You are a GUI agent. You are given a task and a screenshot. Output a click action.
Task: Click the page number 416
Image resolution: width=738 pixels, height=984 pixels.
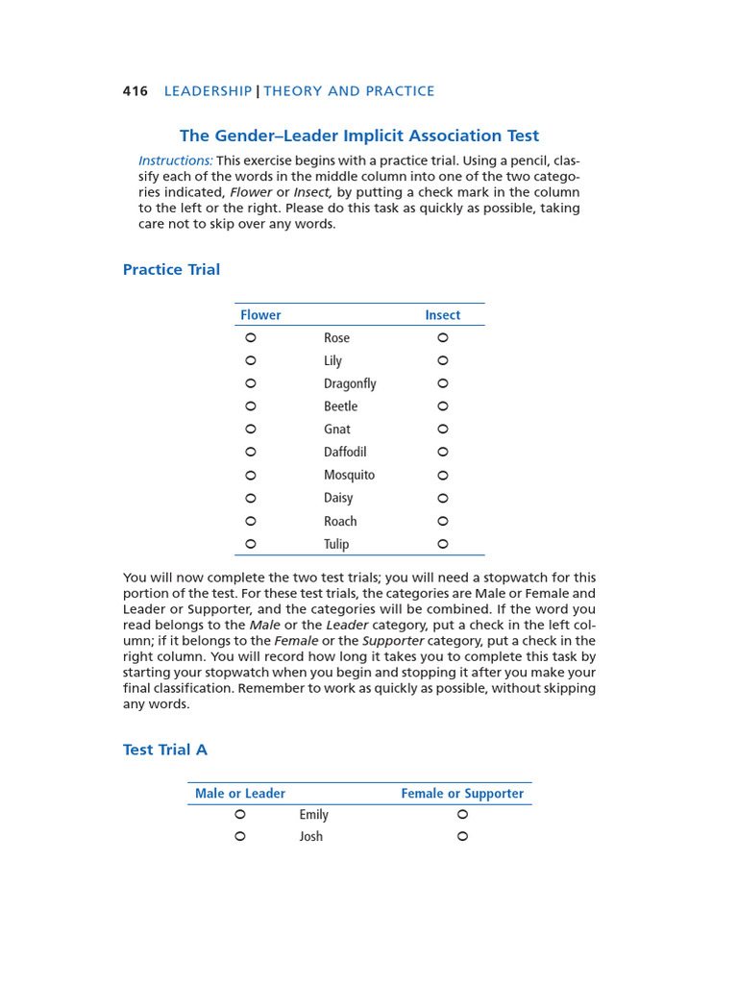point(135,91)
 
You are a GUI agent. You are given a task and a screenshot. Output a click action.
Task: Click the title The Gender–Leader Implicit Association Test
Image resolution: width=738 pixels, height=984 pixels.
point(359,135)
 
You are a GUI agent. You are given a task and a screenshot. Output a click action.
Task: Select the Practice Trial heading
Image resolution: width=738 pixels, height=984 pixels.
point(171,269)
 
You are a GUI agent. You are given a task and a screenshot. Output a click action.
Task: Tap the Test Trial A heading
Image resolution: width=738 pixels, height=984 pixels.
point(164,750)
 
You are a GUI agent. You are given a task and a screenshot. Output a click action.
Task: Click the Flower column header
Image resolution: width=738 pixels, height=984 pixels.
point(260,315)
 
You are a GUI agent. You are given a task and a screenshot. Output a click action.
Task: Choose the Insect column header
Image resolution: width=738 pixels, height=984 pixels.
point(442,315)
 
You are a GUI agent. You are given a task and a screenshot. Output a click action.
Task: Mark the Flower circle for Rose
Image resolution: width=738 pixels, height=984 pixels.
point(251,337)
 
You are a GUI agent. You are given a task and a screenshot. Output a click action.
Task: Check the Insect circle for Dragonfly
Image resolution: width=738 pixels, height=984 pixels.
point(443,383)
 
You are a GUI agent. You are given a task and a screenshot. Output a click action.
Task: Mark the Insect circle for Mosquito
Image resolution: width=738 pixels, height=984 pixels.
point(443,475)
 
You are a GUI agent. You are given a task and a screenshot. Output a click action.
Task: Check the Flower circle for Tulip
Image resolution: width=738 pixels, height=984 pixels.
point(251,544)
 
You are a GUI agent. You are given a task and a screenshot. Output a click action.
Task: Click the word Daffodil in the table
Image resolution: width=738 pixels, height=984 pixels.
point(345,452)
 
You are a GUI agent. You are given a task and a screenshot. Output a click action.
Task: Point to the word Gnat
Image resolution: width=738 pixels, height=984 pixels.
point(337,430)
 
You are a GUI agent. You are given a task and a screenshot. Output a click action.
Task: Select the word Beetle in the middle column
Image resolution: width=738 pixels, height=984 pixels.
point(340,406)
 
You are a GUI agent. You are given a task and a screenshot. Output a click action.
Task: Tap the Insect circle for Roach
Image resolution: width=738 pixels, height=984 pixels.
point(443,521)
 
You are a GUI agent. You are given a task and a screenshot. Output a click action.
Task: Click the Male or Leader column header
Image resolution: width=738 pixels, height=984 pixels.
point(240,794)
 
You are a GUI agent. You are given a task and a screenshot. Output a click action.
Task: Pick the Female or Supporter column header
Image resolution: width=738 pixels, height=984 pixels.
point(462,794)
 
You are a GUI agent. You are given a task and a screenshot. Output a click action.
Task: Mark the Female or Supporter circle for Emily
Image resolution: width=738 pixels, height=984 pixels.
point(462,814)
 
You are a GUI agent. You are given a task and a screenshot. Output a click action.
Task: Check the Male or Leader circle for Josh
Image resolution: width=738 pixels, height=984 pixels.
point(240,836)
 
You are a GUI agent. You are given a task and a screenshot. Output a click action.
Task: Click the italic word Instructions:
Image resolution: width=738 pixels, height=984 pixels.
point(176,160)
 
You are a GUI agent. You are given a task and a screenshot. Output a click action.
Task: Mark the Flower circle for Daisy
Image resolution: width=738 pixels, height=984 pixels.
point(251,498)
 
